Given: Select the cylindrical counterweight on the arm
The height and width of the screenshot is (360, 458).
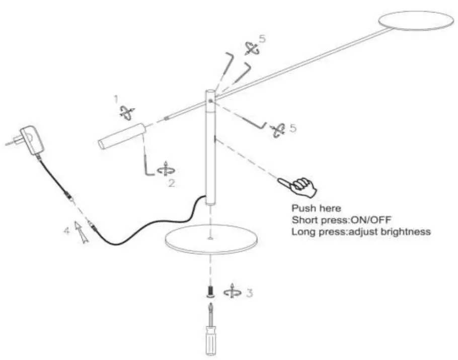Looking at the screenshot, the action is [121, 136].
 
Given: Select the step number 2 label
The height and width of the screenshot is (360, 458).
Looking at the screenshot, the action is [172, 184].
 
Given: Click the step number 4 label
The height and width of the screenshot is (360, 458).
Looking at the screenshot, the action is [66, 231].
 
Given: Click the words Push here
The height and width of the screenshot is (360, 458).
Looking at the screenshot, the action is [316, 208].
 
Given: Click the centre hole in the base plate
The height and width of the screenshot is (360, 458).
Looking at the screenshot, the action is [210, 237].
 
